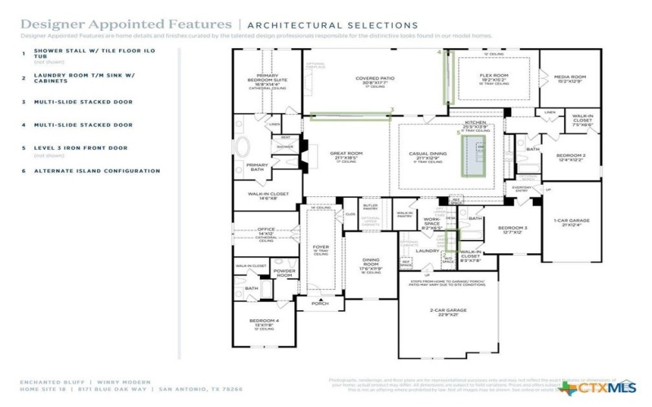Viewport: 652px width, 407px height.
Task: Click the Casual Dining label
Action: (x=427, y=154)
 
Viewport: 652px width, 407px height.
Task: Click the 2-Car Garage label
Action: (x=447, y=310)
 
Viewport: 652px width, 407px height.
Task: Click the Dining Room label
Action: (x=371, y=263)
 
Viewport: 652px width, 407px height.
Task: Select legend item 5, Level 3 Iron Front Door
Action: (x=81, y=148)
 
